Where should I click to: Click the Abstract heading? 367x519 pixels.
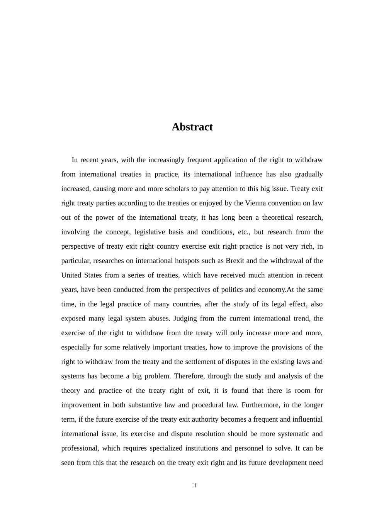192,127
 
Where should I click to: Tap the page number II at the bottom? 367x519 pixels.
194,485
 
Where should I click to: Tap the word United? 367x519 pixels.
72,275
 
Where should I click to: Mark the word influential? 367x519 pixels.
303,419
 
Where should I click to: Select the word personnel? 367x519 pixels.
246,448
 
